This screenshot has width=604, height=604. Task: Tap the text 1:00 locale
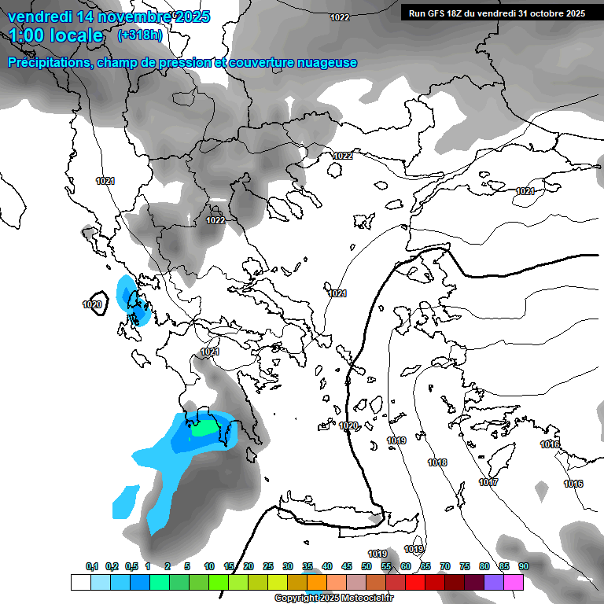(56, 35)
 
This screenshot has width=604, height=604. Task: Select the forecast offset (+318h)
(139, 35)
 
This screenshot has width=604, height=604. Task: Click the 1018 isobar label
(437, 462)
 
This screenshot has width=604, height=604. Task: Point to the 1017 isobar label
(488, 482)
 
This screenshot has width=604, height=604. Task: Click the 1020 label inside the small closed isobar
(92, 304)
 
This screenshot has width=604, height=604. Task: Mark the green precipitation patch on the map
(206, 429)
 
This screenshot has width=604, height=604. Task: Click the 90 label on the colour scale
(524, 566)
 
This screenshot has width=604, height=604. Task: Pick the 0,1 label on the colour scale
(92, 566)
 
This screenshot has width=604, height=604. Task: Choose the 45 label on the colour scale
(347, 566)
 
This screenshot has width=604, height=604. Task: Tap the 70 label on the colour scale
(445, 566)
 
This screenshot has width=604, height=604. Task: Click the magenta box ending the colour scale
(514, 582)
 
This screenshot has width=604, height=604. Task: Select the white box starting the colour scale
(80, 582)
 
